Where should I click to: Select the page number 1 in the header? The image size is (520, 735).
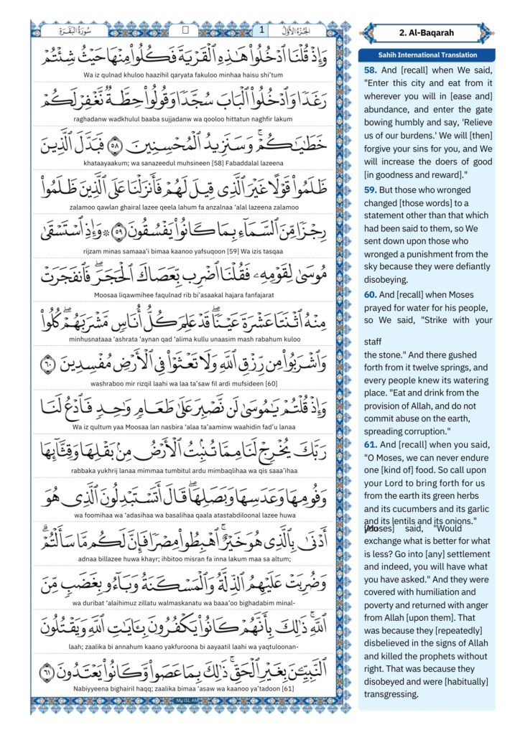(x=261, y=30)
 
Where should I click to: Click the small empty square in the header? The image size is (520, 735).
(x=185, y=30)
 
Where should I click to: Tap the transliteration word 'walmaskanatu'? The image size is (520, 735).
(x=192, y=589)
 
